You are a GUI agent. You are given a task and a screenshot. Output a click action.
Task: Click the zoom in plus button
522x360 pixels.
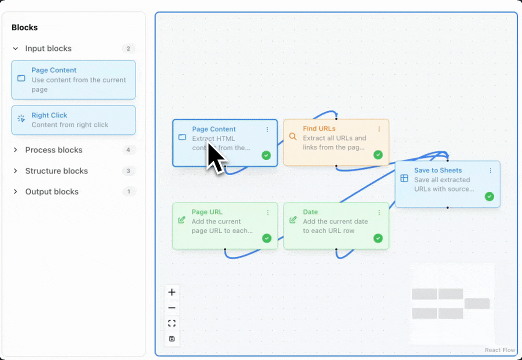(x=172, y=292)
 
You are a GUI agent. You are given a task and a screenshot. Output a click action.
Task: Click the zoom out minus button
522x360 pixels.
(x=172, y=308)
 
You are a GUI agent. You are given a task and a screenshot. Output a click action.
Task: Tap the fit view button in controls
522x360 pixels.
(x=172, y=323)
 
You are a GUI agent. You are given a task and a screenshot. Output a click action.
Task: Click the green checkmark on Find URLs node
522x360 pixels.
(x=378, y=155)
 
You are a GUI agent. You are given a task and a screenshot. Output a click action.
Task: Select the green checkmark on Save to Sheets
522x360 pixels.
(x=489, y=196)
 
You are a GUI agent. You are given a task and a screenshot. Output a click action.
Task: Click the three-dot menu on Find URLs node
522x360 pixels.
(x=379, y=129)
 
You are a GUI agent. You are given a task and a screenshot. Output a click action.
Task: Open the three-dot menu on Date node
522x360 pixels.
(x=379, y=212)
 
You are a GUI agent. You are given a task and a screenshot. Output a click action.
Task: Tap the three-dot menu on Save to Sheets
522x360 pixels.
(x=490, y=170)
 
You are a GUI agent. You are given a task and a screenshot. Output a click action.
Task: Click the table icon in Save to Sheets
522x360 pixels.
(x=404, y=178)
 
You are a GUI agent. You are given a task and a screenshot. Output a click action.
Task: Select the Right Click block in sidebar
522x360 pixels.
(x=73, y=120)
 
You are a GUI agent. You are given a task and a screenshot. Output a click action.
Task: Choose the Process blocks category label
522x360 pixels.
(x=53, y=150)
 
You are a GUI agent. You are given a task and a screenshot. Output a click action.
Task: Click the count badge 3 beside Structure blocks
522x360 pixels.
(x=128, y=171)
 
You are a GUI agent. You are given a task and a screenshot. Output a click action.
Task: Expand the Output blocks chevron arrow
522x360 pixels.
(x=15, y=191)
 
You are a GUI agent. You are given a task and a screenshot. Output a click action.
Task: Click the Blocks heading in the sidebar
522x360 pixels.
(x=24, y=27)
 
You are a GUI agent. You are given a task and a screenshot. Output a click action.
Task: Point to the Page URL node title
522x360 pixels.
(x=207, y=212)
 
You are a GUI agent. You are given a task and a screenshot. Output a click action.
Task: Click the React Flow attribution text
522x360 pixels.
(x=499, y=350)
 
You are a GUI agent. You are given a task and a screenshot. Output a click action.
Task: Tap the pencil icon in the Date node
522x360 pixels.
(x=293, y=220)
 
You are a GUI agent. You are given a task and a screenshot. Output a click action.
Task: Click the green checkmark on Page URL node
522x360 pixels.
(x=266, y=238)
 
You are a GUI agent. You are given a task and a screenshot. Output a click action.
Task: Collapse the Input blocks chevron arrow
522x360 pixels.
(x=15, y=48)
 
